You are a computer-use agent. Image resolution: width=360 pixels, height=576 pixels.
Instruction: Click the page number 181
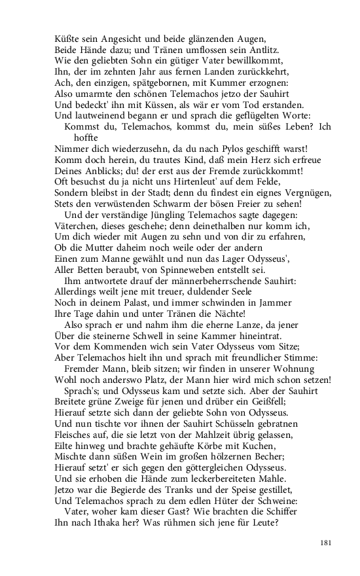[327, 543]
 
